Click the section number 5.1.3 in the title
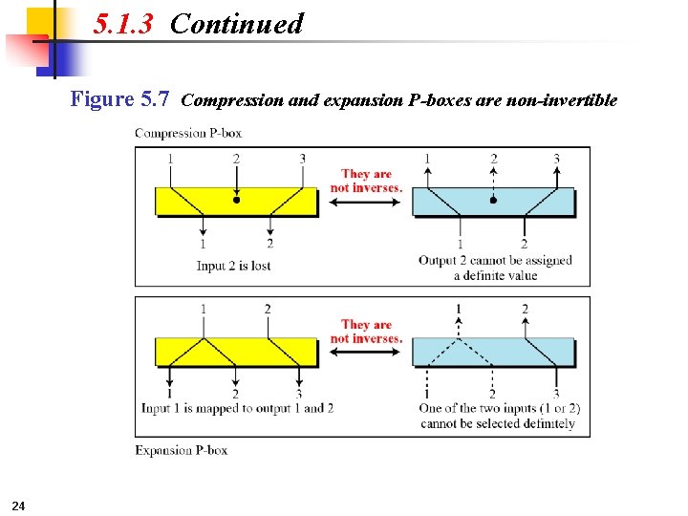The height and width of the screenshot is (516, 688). tap(123, 24)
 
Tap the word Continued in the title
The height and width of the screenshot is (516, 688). tap(236, 24)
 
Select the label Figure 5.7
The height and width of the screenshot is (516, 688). tap(120, 99)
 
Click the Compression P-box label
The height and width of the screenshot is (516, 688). tap(183, 133)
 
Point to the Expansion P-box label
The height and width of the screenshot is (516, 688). tap(181, 450)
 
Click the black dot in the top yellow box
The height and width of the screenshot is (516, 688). tap(237, 201)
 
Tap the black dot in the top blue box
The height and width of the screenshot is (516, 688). tap(493, 201)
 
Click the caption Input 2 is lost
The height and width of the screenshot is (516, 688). tap(234, 266)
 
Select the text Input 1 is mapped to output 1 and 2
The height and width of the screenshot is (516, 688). tap(237, 408)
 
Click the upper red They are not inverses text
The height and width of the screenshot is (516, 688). tap(366, 181)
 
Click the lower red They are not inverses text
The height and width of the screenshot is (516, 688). tap(366, 332)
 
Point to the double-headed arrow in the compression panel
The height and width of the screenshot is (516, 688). tap(366, 203)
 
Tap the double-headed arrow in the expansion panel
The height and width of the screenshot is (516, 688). tap(366, 353)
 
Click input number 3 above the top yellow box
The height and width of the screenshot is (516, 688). tap(303, 159)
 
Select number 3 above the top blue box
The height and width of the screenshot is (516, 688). tap(557, 159)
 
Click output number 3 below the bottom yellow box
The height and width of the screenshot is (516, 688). tap(299, 393)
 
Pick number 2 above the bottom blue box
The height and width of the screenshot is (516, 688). tap(525, 310)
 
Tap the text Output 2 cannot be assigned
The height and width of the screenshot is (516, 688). tap(495, 260)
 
